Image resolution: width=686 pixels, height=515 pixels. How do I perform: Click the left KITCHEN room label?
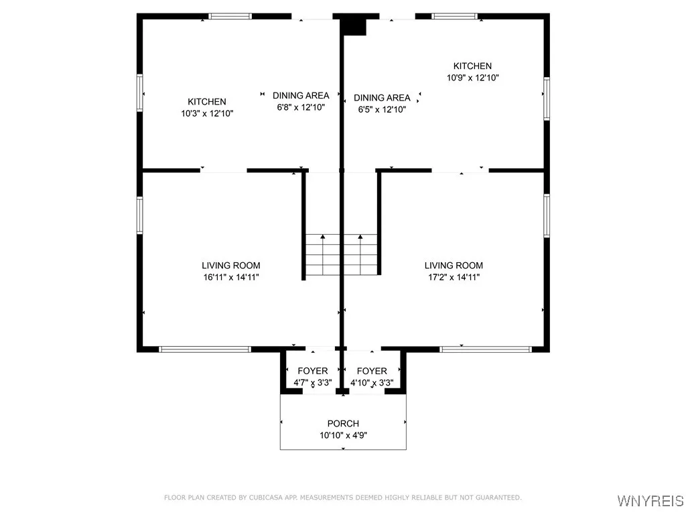(206, 102)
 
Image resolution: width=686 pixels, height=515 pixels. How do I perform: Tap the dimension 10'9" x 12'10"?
(472, 78)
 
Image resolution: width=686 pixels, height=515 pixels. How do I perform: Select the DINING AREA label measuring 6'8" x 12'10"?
(301, 96)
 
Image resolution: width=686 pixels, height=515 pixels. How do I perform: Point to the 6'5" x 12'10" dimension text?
(380, 109)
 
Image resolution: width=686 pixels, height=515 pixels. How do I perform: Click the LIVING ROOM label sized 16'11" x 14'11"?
(231, 266)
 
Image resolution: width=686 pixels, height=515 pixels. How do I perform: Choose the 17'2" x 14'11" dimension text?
(454, 277)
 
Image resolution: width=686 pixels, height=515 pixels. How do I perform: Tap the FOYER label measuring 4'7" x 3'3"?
(313, 371)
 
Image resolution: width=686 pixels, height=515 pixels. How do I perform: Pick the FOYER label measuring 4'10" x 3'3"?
(372, 371)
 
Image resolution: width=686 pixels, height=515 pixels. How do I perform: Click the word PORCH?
(343, 424)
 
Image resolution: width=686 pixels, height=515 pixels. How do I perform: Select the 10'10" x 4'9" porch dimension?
(343, 435)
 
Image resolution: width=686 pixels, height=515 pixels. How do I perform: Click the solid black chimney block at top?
(354, 25)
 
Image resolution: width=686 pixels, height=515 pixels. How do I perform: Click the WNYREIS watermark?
(650, 501)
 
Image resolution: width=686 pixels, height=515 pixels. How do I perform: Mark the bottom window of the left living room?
(204, 349)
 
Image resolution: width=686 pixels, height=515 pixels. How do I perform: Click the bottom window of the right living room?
(486, 349)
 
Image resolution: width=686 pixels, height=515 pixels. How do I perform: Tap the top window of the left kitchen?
(230, 16)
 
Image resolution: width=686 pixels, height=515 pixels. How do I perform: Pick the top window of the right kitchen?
(454, 16)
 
